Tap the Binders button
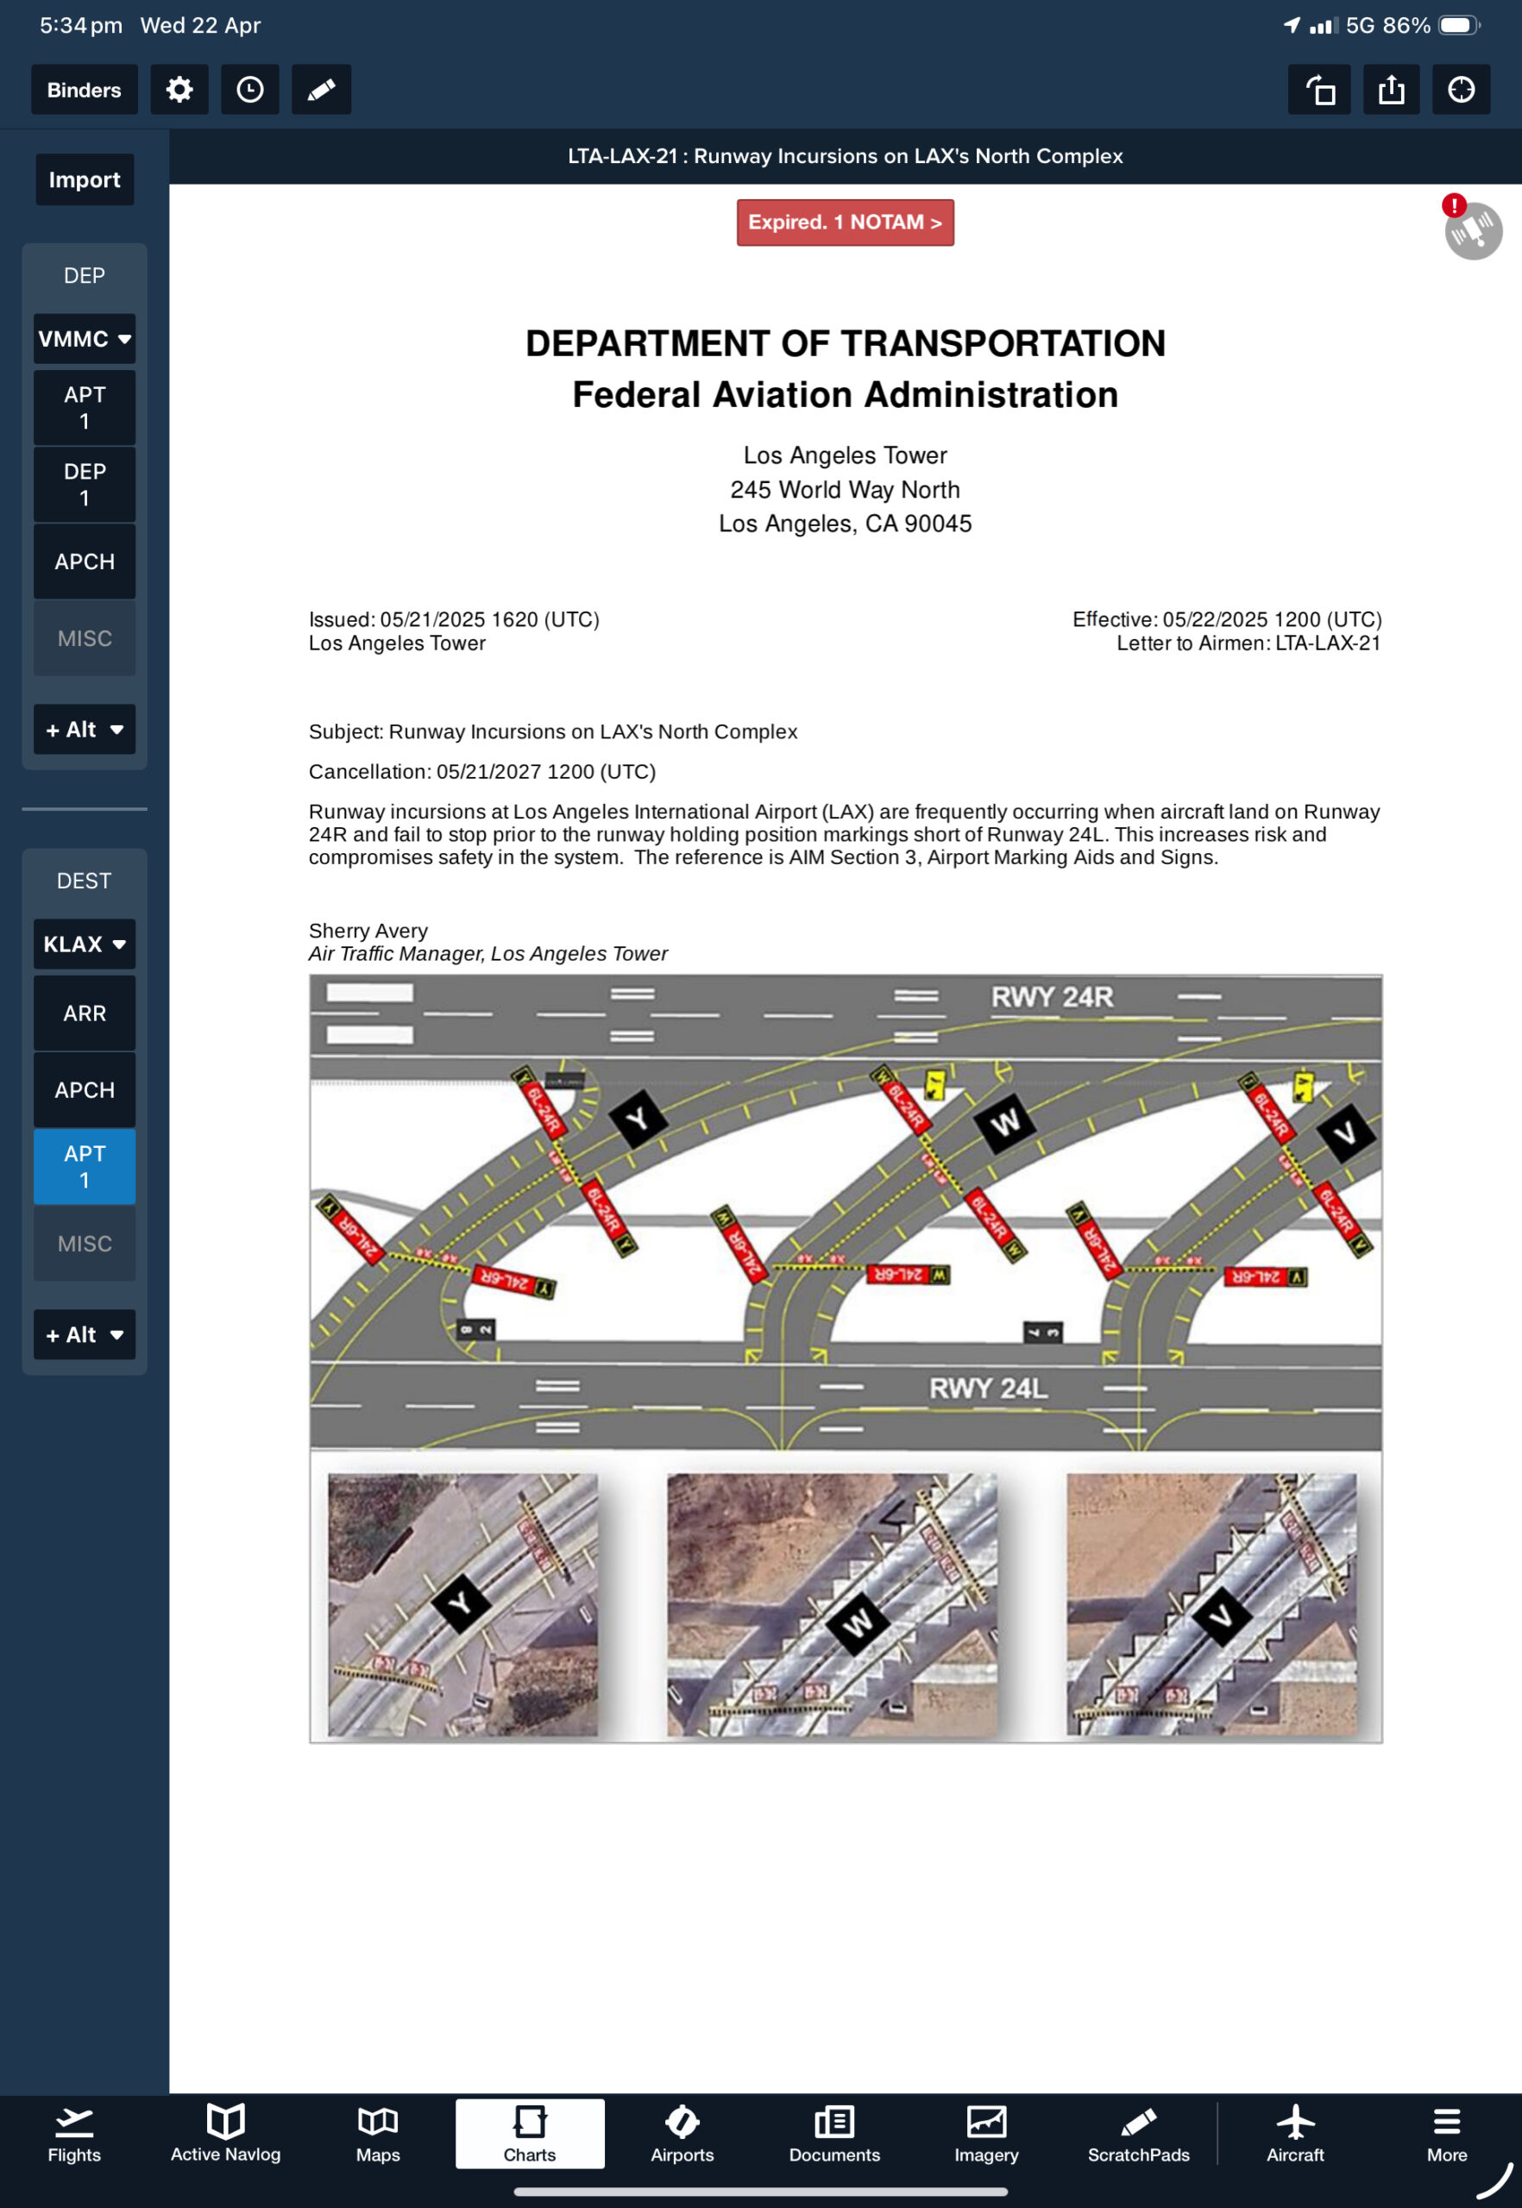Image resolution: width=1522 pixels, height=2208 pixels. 84,90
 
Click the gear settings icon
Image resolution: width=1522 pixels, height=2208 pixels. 179,90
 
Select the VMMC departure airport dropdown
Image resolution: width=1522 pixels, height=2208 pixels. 84,338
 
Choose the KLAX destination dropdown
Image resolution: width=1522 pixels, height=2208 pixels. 84,944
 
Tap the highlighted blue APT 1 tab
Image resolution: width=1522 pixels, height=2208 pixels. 84,1166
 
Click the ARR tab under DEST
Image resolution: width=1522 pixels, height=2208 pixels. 84,1013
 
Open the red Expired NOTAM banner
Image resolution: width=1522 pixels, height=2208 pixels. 845,223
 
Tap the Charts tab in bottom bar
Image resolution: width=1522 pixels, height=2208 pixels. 529,2134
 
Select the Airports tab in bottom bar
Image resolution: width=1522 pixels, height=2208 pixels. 682,2134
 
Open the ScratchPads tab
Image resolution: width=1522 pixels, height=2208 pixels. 1139,2134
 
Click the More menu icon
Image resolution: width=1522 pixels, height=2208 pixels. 1447,2134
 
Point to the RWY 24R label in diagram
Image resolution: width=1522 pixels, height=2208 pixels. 1052,997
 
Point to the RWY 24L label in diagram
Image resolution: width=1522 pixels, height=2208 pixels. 988,1388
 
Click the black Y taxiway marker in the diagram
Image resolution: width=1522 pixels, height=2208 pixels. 637,1120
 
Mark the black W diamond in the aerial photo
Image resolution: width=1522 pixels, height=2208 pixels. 858,1621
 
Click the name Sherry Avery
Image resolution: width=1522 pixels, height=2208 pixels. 368,931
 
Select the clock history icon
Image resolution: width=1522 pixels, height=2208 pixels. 250,90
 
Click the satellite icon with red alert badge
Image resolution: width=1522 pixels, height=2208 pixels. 1473,229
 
